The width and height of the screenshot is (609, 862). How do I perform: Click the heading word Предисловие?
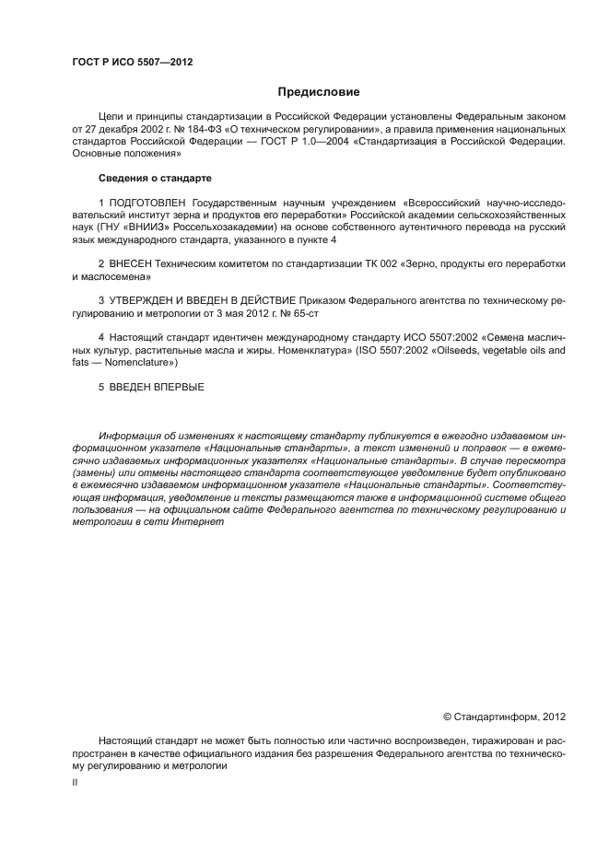coord(319,92)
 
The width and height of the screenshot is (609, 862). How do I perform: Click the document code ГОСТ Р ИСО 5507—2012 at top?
coord(132,62)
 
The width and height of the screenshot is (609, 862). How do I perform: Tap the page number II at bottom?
coord(75,781)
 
